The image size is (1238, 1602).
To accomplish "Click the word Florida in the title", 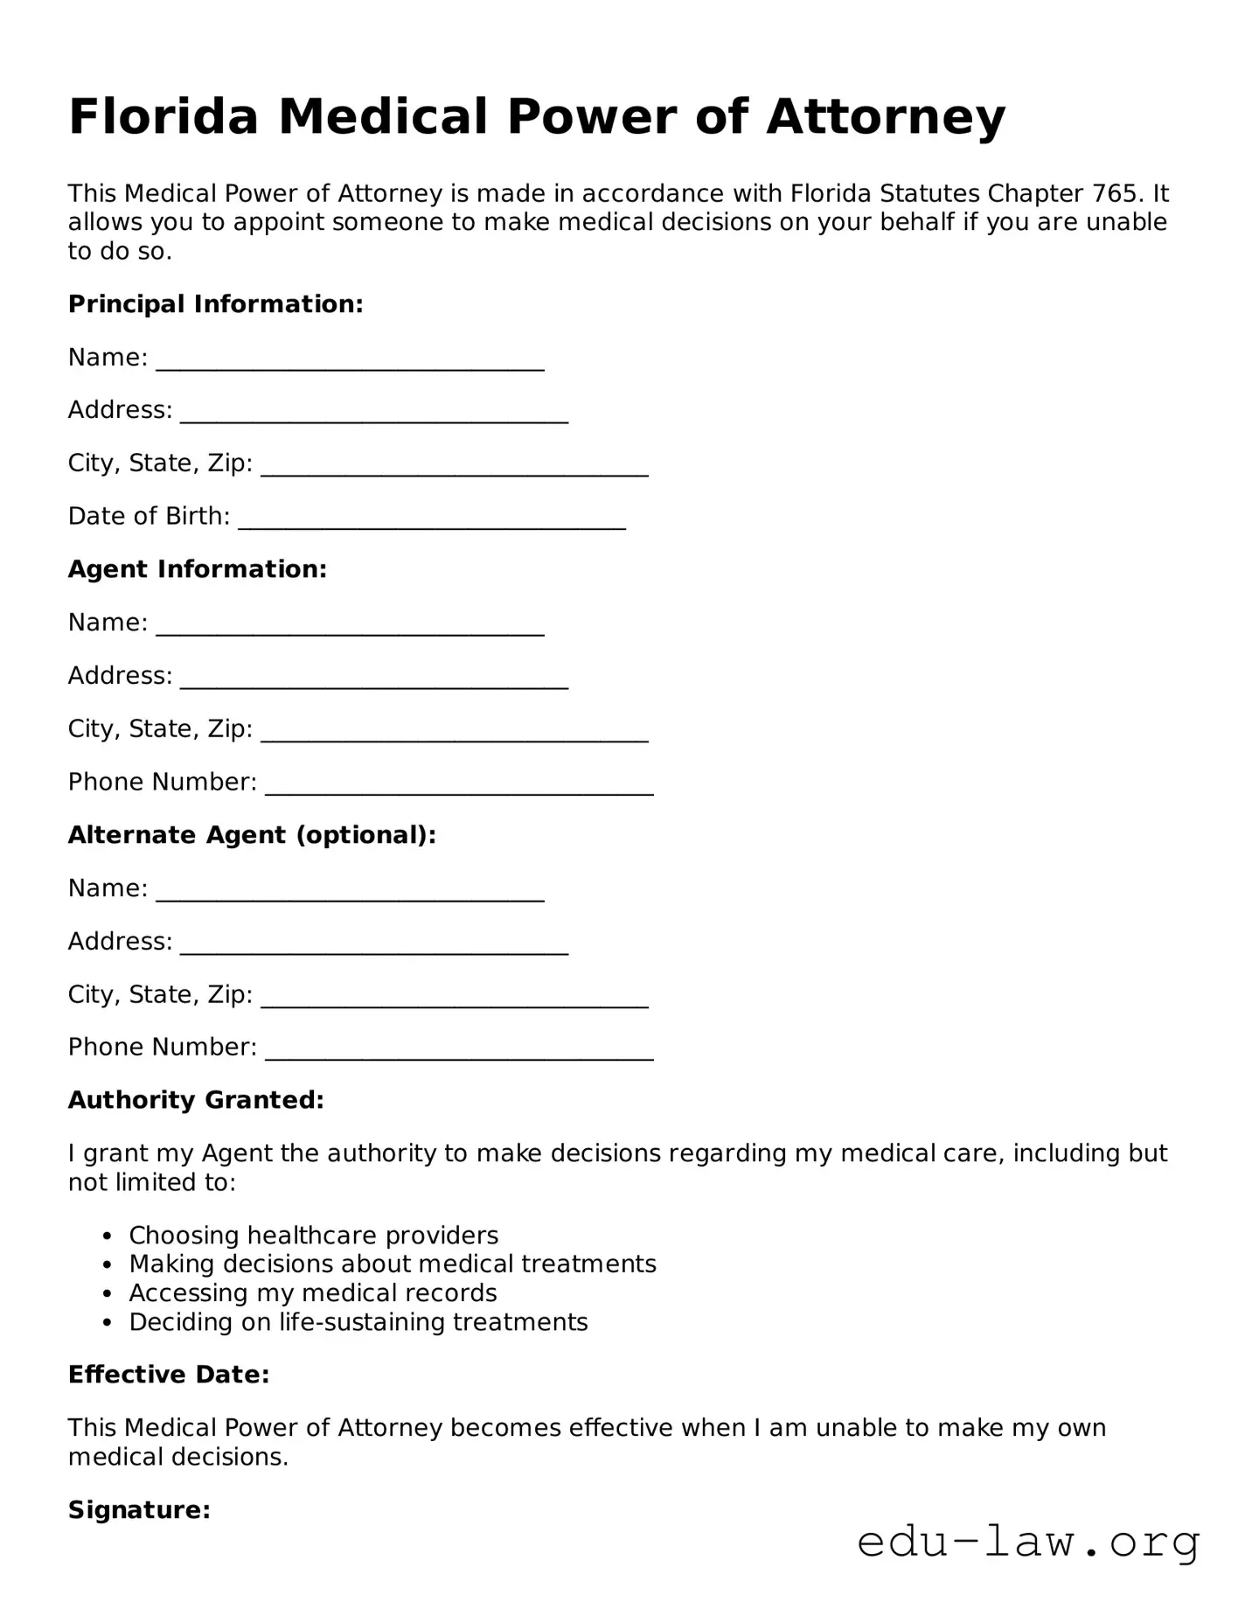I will click(163, 117).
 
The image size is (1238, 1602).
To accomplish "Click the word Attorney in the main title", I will click(886, 117).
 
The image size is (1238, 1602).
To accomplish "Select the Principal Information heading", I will click(215, 304).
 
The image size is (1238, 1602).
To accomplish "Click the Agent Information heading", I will click(197, 569).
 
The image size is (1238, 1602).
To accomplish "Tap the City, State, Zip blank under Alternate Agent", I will click(455, 1000).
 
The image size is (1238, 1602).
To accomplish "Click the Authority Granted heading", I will click(196, 1100).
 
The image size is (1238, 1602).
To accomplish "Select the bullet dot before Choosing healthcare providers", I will click(108, 1236).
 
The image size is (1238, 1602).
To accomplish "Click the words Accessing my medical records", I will click(313, 1293).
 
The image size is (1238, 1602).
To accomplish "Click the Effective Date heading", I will click(169, 1375).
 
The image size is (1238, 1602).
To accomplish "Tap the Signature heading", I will click(139, 1510).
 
